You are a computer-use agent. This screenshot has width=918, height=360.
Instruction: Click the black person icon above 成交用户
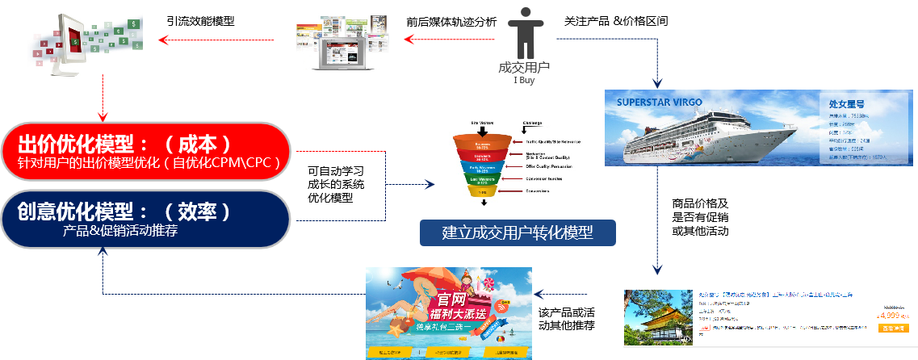pyautogui.click(x=525, y=31)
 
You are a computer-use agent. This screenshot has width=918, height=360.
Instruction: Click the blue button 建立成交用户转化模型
pyautogui.click(x=517, y=233)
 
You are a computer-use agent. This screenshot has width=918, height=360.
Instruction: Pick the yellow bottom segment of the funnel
pyautogui.click(x=482, y=191)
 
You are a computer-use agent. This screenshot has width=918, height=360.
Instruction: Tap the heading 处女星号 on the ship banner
pyautogui.click(x=847, y=104)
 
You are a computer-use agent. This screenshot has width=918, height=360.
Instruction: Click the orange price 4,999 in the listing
pyautogui.click(x=891, y=316)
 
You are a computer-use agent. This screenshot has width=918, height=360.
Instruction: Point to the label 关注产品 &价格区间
pyautogui.click(x=615, y=21)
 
